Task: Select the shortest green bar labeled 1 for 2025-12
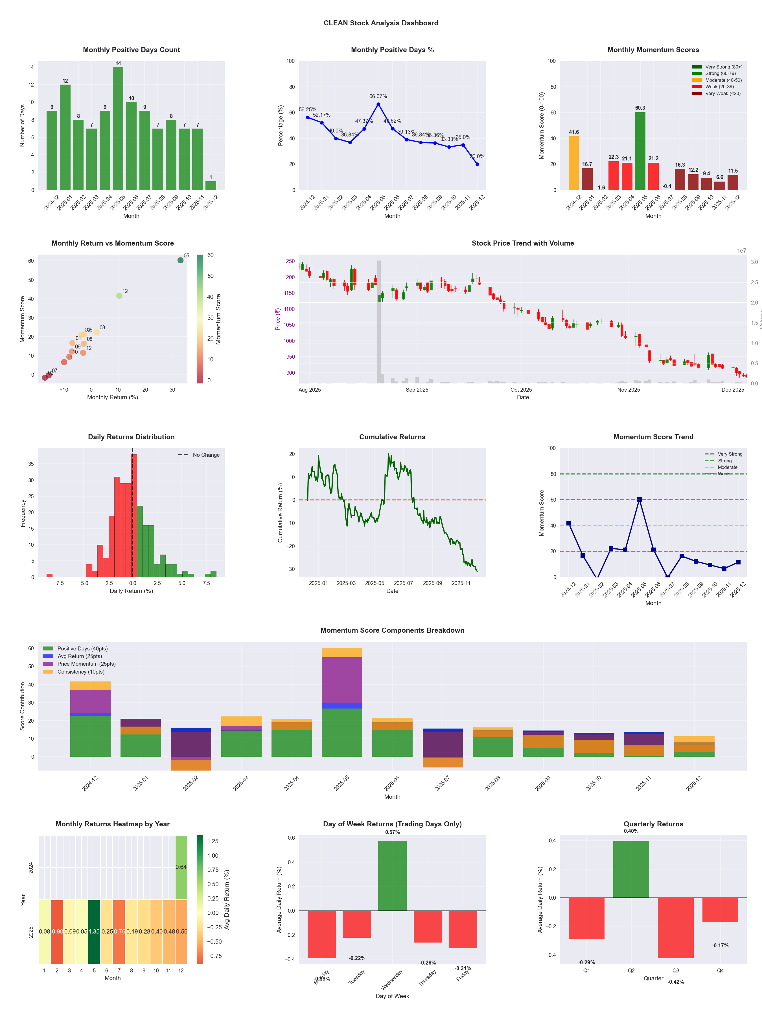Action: point(211,186)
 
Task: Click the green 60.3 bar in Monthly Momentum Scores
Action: point(640,151)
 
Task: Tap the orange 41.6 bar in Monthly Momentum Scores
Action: point(574,163)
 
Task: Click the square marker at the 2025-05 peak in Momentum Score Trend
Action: point(639,499)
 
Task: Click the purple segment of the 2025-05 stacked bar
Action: point(342,680)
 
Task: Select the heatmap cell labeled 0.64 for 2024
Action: point(181,867)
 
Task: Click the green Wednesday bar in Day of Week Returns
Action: point(392,875)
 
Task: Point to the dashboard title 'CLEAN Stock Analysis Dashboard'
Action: point(381,23)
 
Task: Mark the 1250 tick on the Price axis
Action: point(289,261)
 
